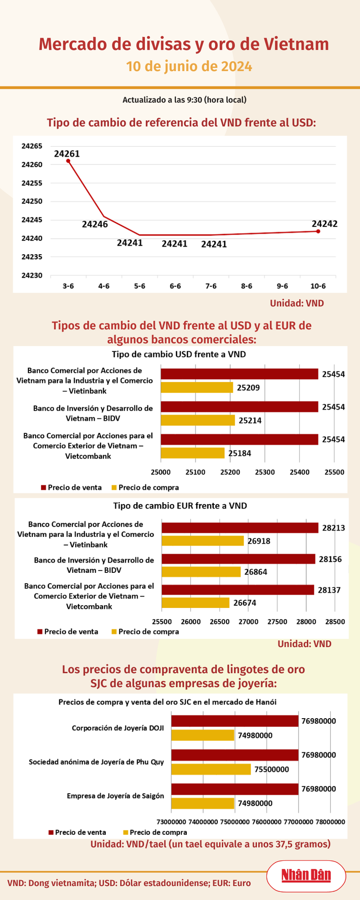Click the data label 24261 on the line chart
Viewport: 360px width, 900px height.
(x=67, y=154)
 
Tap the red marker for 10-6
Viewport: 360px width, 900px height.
(x=318, y=231)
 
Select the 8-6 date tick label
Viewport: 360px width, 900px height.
(x=247, y=286)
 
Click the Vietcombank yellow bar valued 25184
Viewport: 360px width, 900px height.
(x=193, y=453)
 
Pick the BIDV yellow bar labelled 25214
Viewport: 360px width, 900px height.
(x=198, y=420)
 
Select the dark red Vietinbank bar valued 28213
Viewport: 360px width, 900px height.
(x=240, y=528)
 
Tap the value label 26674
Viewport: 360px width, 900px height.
(x=245, y=603)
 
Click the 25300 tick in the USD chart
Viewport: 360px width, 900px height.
(x=264, y=472)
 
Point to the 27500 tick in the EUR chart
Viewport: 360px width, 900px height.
(x=277, y=622)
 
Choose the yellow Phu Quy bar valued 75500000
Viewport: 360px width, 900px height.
(x=211, y=769)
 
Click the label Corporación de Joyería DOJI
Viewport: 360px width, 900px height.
(x=118, y=728)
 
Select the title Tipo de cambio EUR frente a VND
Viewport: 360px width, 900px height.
(x=180, y=505)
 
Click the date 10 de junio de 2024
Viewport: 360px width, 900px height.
(x=189, y=67)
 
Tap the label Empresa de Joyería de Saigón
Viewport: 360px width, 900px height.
(x=115, y=796)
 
